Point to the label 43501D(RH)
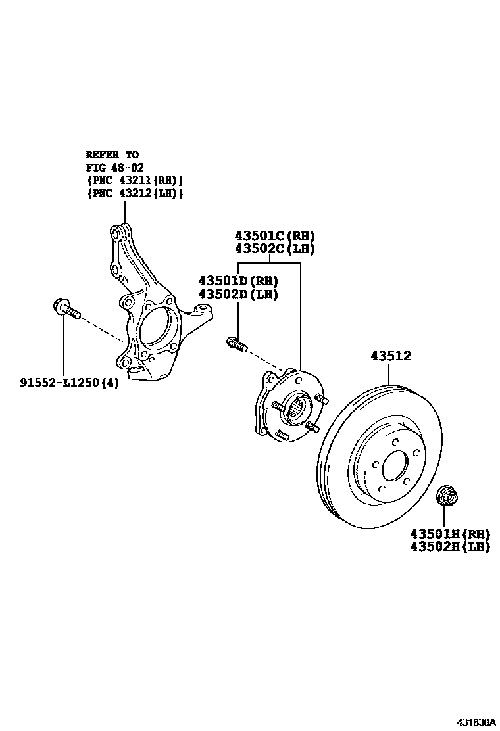[238, 280]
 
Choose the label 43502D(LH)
[238, 294]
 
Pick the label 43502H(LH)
[449, 546]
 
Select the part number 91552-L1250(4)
[69, 382]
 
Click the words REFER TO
[112, 154]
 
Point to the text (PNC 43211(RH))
[134, 180]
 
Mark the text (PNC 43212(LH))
[134, 193]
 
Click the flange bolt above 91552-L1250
[65, 308]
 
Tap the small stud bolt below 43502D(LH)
[236, 343]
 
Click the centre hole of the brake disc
[395, 468]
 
